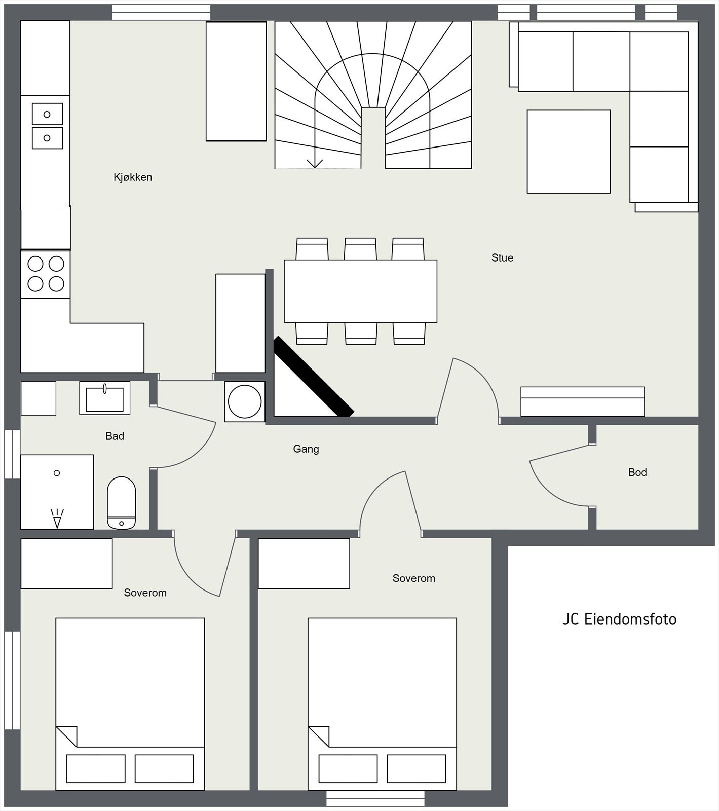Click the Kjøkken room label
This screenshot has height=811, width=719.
point(133,177)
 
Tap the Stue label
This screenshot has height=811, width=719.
point(502,258)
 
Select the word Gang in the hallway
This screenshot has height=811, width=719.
point(306,449)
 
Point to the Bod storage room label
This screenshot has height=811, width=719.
point(637,472)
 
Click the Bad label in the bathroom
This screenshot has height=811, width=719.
point(115,436)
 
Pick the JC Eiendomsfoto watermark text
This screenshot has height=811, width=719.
point(619,619)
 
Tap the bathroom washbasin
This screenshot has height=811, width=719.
point(105,398)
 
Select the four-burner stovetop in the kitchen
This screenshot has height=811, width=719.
point(46,274)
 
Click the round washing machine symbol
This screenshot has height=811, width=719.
point(245,401)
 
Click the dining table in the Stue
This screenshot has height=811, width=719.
point(360,291)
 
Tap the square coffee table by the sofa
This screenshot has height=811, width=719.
point(569,152)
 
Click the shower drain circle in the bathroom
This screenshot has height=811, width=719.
point(57,473)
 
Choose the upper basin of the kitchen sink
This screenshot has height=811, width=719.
point(47,114)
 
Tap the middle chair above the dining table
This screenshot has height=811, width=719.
point(360,249)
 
